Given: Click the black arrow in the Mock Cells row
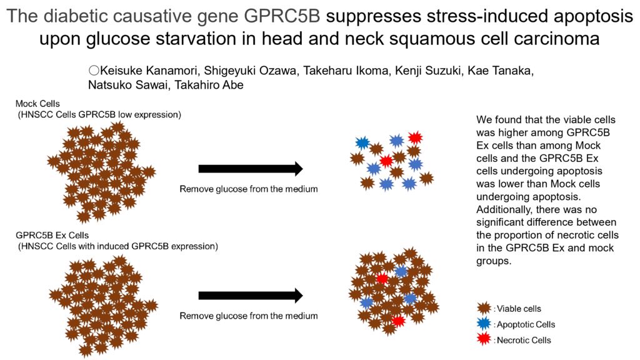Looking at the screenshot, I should coord(250,169).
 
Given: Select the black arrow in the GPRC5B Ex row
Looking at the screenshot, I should coord(250,295).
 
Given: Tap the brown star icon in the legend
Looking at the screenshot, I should coord(483,307).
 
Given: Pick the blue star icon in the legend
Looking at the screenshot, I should coord(483,324).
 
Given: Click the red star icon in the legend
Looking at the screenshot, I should coord(483,339).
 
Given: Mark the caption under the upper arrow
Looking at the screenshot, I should coord(249,189).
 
